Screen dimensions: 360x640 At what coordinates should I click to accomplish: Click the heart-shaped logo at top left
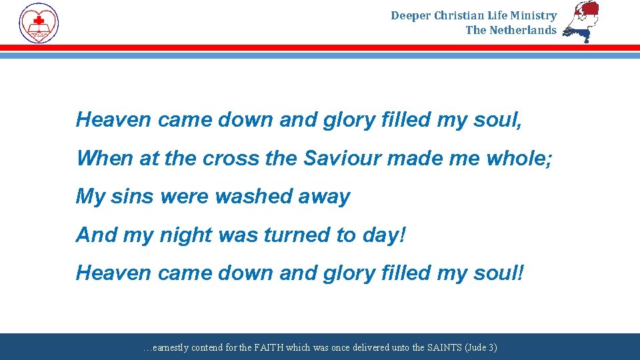[39, 23]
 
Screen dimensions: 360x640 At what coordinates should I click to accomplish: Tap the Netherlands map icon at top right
[581, 21]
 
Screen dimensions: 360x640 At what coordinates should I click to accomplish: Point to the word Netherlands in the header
[523, 30]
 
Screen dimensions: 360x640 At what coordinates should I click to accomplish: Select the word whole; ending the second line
[519, 158]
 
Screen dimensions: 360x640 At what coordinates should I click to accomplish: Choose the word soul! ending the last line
[497, 273]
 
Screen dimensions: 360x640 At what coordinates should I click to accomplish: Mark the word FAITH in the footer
[269, 347]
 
